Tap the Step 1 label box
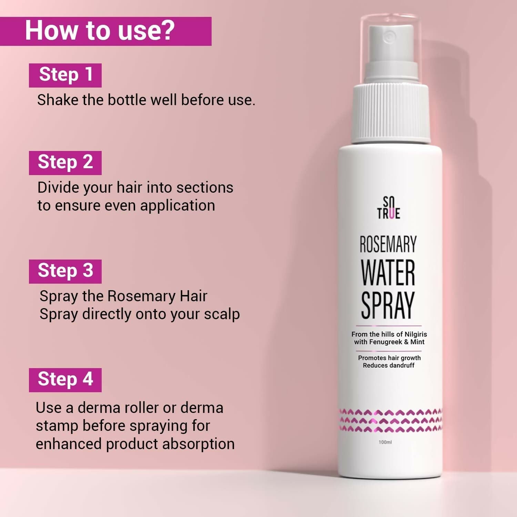point(65,75)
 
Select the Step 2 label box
point(65,163)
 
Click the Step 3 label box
point(65,271)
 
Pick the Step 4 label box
point(65,380)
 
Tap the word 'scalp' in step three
point(222,314)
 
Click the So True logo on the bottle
point(388,208)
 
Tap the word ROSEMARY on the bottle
point(388,244)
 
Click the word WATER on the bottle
point(388,273)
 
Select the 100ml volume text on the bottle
point(385,442)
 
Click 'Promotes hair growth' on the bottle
point(389,358)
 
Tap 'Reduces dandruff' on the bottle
point(388,366)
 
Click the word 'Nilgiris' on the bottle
point(416,334)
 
